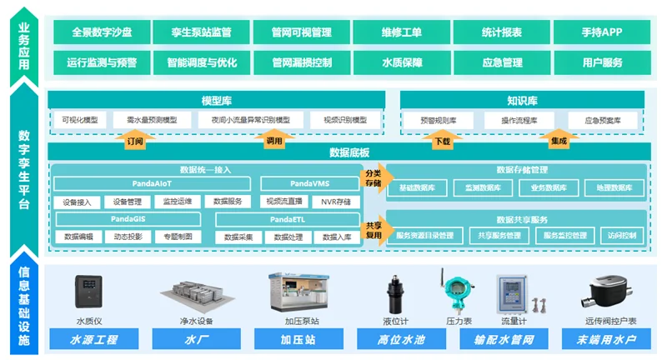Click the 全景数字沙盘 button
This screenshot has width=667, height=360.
click(102, 32)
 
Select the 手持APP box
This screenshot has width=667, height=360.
click(602, 32)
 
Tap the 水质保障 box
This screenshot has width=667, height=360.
click(402, 62)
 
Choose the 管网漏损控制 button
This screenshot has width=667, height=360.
click(302, 62)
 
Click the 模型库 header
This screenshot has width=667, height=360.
click(216, 101)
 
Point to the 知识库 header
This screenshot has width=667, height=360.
click(522, 101)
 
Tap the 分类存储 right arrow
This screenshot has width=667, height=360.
click(373, 177)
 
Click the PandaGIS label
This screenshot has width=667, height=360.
click(128, 218)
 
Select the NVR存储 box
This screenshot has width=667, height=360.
click(336, 202)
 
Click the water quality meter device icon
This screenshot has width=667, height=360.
click(88, 293)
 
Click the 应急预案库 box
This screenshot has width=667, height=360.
click(602, 121)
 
